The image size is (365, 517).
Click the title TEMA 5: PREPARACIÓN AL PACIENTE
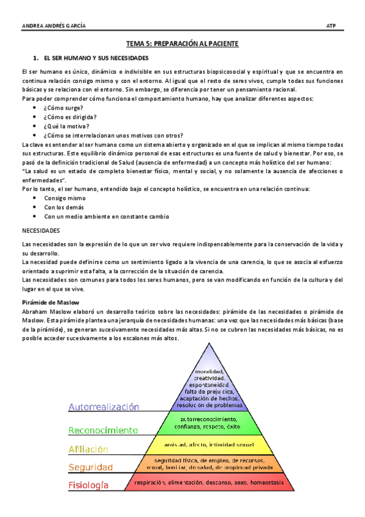pyautogui.click(x=182, y=44)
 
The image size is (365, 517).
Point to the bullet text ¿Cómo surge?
pyautogui.click(x=64, y=107)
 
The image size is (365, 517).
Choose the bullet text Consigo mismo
pyautogui.click(x=65, y=199)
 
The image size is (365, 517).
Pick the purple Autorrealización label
pyautogui.click(x=104, y=407)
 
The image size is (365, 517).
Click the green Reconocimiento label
pyautogui.click(x=102, y=430)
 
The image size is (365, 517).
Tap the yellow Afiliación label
pyautogui.click(x=88, y=449)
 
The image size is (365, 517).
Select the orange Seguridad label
pyautogui.click(x=90, y=468)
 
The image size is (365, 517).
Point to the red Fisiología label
pyautogui.click(x=88, y=485)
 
